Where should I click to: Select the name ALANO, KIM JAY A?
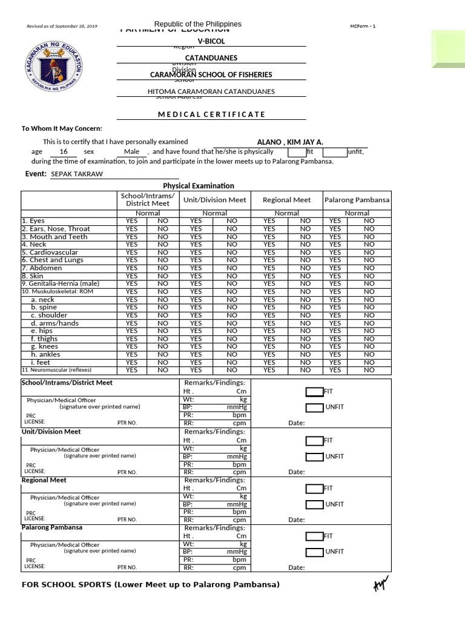[290, 142]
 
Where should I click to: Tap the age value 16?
[64, 151]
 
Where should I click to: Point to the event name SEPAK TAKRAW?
[77, 174]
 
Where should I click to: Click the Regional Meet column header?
[286, 199]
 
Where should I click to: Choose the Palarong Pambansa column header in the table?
[357, 199]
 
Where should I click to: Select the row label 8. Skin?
[33, 275]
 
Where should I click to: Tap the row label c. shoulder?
[50, 315]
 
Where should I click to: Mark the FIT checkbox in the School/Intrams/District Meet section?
[314, 392]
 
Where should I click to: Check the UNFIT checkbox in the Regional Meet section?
[314, 504]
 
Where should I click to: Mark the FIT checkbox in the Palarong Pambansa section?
[314, 536]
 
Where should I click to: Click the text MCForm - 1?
[363, 26]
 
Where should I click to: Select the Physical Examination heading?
[198, 186]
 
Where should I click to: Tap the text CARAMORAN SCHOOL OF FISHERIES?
[211, 74]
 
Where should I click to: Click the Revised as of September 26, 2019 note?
[62, 27]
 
